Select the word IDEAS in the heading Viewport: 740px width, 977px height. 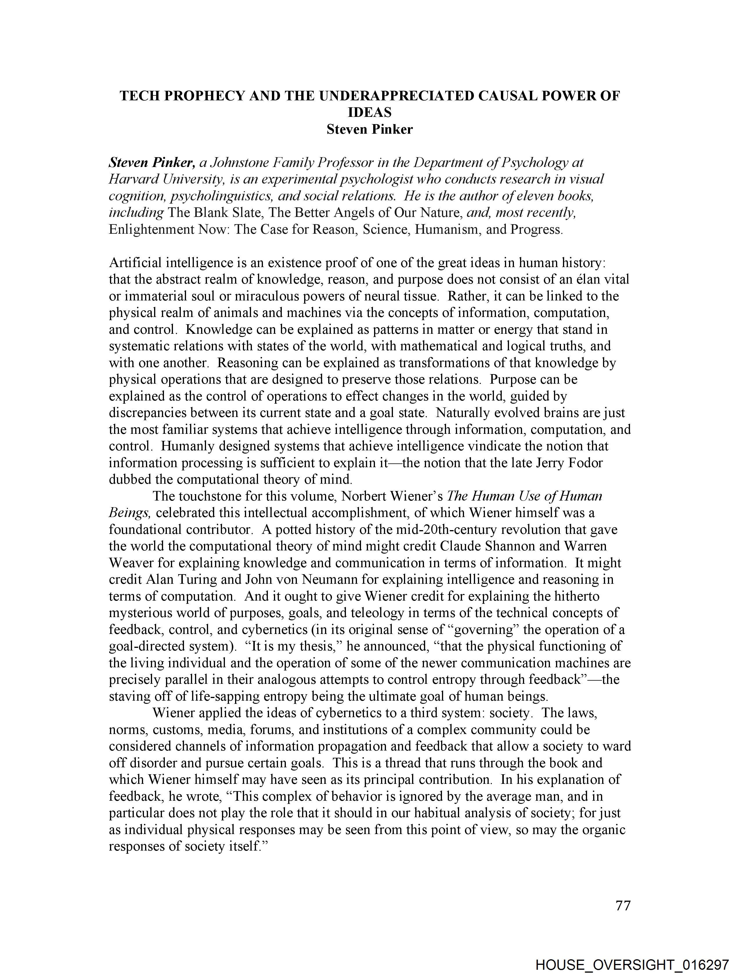pos(369,113)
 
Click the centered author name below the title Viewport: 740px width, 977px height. pos(369,129)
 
